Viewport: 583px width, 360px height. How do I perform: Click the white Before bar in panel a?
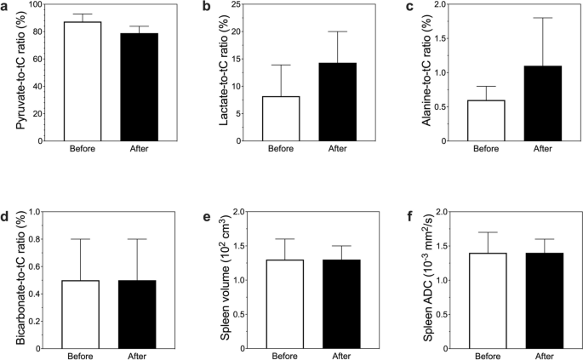coord(82,81)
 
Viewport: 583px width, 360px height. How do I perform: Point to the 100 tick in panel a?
coord(41,5)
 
